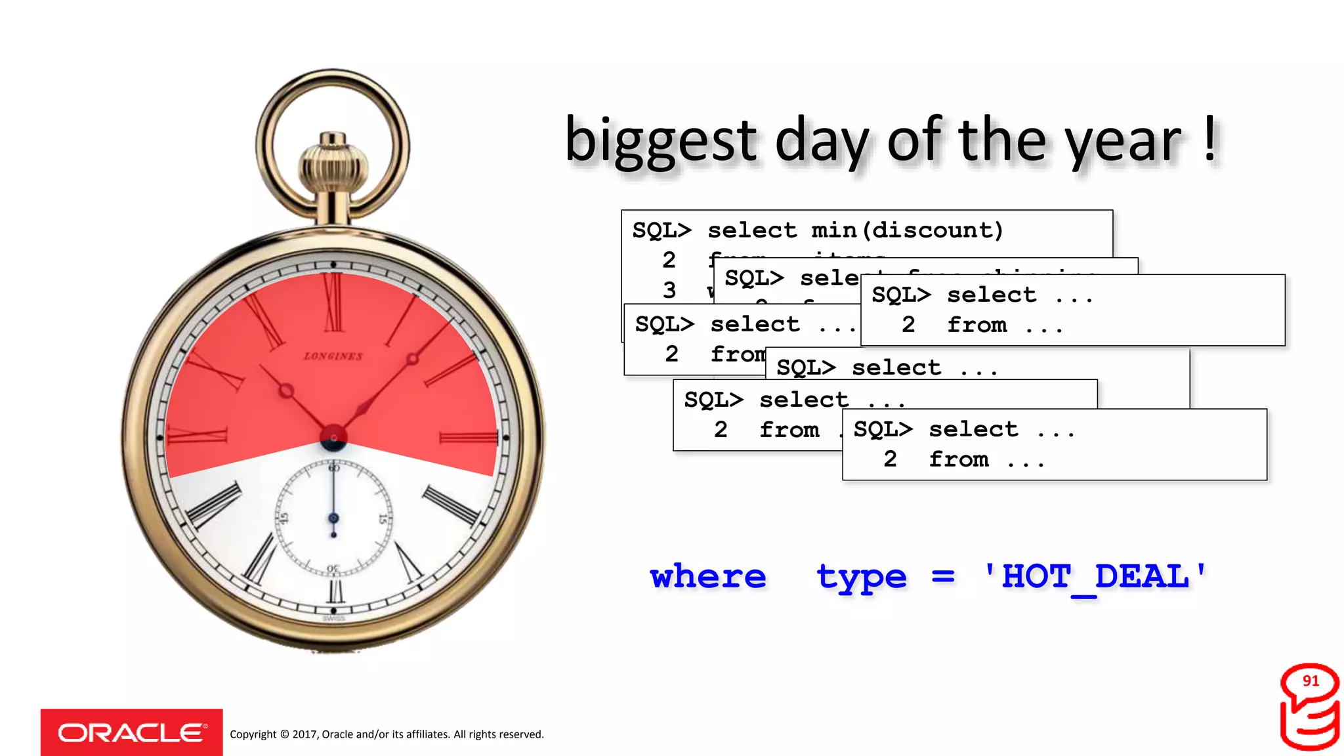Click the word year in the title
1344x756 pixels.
1122,141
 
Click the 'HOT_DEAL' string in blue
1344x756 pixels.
1095,577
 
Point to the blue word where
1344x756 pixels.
708,577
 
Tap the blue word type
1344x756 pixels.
861,577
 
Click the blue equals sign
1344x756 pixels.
943,577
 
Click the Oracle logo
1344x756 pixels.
131,732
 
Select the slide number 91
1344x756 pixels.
1311,681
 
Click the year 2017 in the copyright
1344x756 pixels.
304,734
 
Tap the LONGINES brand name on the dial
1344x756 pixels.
333,356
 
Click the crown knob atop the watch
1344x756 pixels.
333,164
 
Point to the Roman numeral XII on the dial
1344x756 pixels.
333,302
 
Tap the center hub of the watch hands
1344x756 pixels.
333,438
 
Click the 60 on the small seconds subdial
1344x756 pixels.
333,469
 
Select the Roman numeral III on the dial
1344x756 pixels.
468,438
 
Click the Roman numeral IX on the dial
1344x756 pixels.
197,435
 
